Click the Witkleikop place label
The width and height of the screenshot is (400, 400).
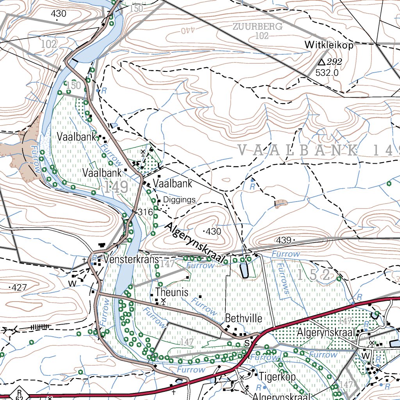tap(329, 45)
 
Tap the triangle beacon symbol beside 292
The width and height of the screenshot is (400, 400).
tap(321, 62)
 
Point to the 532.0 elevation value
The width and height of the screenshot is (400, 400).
tap(327, 73)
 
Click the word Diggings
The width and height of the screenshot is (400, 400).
tap(179, 200)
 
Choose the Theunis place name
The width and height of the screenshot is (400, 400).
tap(171, 292)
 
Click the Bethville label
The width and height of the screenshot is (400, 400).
tap(243, 318)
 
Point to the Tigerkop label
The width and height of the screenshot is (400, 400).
tap(277, 377)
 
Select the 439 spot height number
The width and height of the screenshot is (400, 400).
tap(284, 240)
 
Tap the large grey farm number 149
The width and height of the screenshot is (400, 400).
tap(116, 187)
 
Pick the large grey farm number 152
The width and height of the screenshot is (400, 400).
tap(313, 275)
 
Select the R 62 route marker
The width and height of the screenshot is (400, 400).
tap(19, 393)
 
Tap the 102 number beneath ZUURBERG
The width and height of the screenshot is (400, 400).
tap(262, 36)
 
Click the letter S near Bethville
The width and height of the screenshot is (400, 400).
tap(246, 344)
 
